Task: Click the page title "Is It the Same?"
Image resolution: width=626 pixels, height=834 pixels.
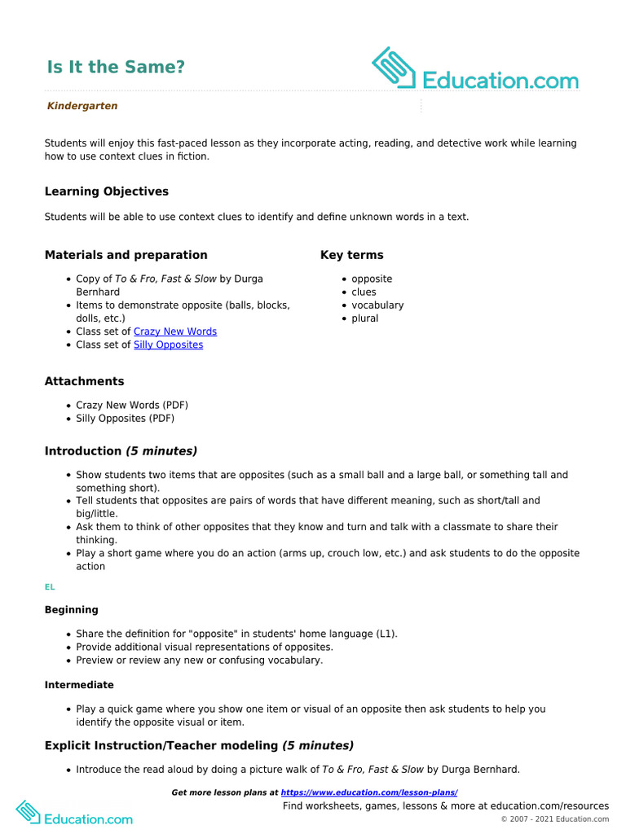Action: (115, 68)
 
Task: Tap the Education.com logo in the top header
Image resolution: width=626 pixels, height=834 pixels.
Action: (475, 70)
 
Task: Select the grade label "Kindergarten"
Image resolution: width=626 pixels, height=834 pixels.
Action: (82, 106)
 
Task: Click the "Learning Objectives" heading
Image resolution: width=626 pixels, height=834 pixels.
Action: (107, 191)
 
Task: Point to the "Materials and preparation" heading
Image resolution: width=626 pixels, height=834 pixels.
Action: (126, 255)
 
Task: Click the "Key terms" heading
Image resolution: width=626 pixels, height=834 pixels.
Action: (351, 255)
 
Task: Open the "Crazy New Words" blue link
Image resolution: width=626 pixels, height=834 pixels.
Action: (175, 331)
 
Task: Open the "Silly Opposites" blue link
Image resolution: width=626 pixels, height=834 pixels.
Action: (168, 345)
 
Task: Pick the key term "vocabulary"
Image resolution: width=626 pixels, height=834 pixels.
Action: (377, 305)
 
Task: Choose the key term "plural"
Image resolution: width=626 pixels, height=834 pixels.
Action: (364, 318)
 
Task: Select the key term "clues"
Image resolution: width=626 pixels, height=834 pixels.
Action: (364, 292)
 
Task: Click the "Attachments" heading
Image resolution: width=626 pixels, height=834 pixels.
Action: (85, 381)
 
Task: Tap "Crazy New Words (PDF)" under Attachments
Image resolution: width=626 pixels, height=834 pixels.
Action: (131, 405)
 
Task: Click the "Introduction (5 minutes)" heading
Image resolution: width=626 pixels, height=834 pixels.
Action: (121, 451)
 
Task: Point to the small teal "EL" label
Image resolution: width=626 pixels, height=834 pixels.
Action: (50, 586)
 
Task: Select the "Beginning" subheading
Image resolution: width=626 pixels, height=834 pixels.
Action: (72, 610)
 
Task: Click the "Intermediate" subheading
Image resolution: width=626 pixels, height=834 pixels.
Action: (79, 685)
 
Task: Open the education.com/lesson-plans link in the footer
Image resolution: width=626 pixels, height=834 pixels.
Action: (368, 792)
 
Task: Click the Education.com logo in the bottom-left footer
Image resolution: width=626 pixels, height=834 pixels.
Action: (74, 814)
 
